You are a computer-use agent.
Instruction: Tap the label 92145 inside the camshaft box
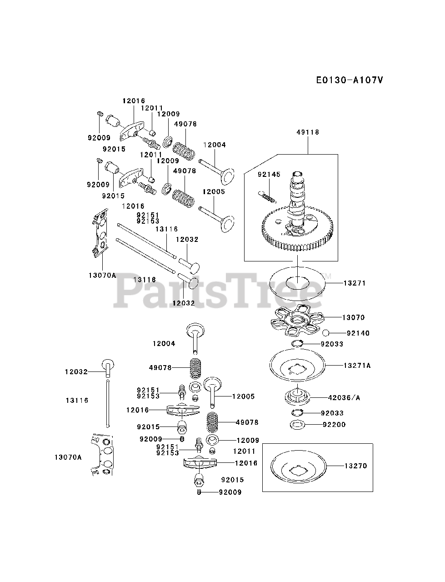pyautogui.click(x=269, y=174)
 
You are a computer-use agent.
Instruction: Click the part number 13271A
pyautogui.click(x=357, y=365)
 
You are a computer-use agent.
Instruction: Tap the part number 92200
pyautogui.click(x=334, y=425)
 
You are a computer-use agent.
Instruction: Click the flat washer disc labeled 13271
pyautogui.click(x=298, y=283)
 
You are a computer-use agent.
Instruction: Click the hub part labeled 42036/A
pyautogui.click(x=297, y=395)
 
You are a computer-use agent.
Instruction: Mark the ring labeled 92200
pyautogui.click(x=297, y=425)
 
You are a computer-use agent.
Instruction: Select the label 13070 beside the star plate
pyautogui.click(x=353, y=317)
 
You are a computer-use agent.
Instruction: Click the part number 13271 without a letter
pyautogui.click(x=355, y=283)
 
